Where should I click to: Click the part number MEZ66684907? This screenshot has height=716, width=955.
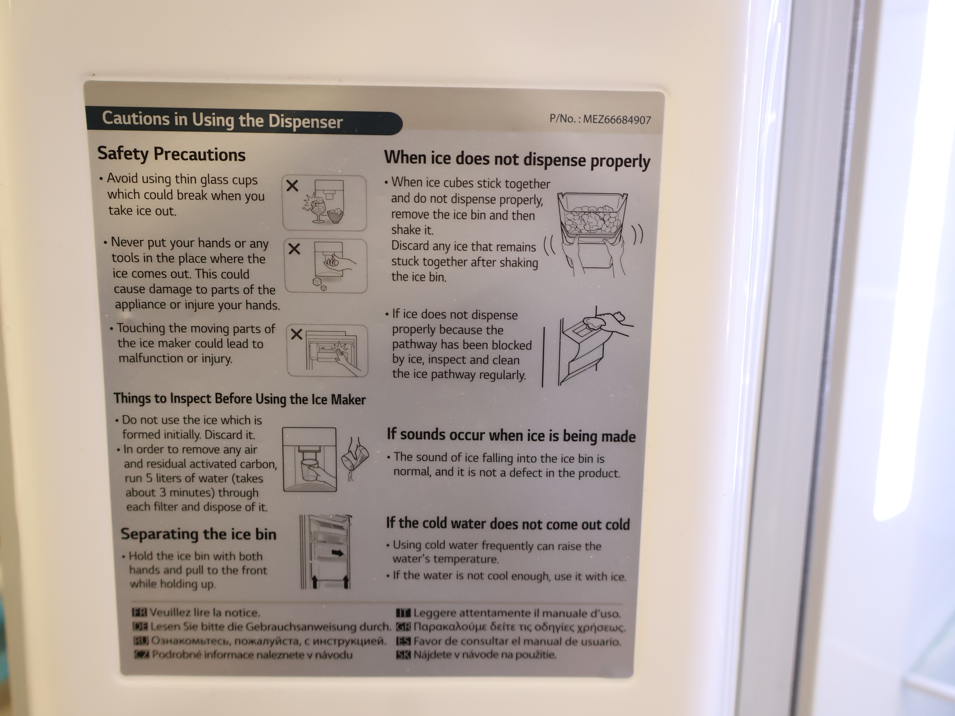click(x=617, y=120)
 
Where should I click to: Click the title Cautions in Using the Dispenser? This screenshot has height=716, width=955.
click(x=222, y=120)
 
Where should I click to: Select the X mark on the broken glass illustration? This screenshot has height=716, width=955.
click(x=292, y=185)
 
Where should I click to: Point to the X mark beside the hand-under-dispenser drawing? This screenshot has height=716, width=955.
click(x=294, y=249)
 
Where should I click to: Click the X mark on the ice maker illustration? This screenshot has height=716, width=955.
click(x=297, y=334)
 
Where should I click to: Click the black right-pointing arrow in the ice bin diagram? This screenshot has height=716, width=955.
click(x=338, y=553)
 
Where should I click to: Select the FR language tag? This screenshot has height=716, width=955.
click(x=139, y=612)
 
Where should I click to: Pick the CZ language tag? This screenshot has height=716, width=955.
click(x=142, y=654)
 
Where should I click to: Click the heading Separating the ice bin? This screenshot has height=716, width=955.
click(x=198, y=534)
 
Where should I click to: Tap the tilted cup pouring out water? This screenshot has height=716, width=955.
click(x=355, y=458)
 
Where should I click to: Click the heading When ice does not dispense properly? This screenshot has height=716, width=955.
click(x=517, y=160)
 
